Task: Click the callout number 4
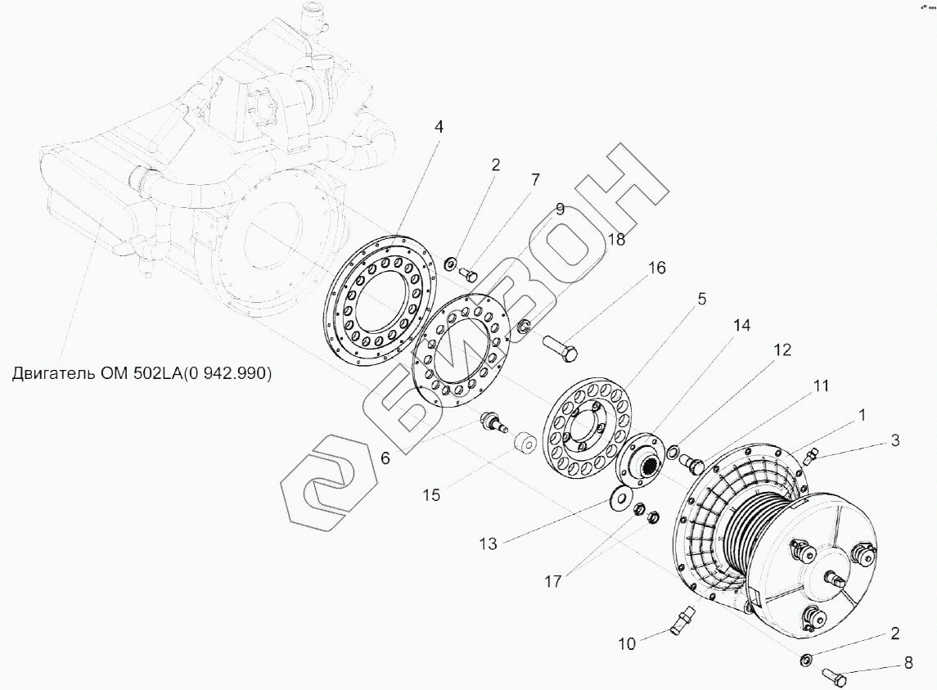[x=439, y=128]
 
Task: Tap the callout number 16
[x=656, y=268]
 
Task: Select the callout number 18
[x=616, y=238]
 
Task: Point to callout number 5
[x=701, y=300]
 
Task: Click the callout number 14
[x=741, y=325]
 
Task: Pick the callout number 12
[x=782, y=350]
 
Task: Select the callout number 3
[x=895, y=440]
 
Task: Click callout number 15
[x=431, y=494]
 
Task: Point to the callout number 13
[x=488, y=542]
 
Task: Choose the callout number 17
[x=552, y=581]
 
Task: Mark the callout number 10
[x=626, y=643]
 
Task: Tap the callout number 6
[x=385, y=458]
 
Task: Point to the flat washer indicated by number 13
[x=623, y=497]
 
